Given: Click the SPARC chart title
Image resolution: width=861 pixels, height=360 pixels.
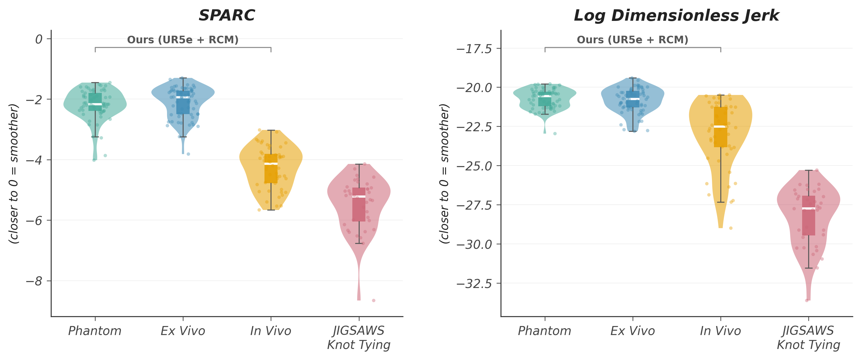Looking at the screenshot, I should point(226,15).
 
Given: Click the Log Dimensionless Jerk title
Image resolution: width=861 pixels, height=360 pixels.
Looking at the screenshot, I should point(676,15).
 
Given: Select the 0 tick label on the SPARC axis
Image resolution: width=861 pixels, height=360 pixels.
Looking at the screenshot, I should point(39,39).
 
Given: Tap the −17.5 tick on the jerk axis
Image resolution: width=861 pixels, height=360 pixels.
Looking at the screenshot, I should point(474,49).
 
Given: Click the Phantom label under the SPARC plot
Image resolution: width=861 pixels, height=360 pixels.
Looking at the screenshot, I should point(95,331).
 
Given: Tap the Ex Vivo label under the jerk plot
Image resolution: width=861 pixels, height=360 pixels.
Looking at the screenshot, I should point(632,331).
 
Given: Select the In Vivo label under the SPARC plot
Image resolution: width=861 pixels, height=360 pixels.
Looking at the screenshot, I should point(271,331).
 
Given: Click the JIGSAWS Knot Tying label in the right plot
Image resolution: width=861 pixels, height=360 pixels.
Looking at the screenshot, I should point(808,338).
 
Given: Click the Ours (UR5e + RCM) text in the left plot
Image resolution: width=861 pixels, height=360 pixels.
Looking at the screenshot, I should point(183,40).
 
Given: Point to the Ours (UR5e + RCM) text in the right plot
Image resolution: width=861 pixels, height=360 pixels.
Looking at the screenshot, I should point(632,40).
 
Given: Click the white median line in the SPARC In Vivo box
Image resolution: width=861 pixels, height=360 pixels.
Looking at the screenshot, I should point(271,164).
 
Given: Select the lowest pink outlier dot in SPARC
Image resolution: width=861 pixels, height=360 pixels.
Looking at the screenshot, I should point(374,300).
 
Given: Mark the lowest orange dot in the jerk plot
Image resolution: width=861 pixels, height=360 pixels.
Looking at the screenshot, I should point(731,228).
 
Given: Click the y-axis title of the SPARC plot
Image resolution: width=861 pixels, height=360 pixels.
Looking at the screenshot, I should point(14,174).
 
